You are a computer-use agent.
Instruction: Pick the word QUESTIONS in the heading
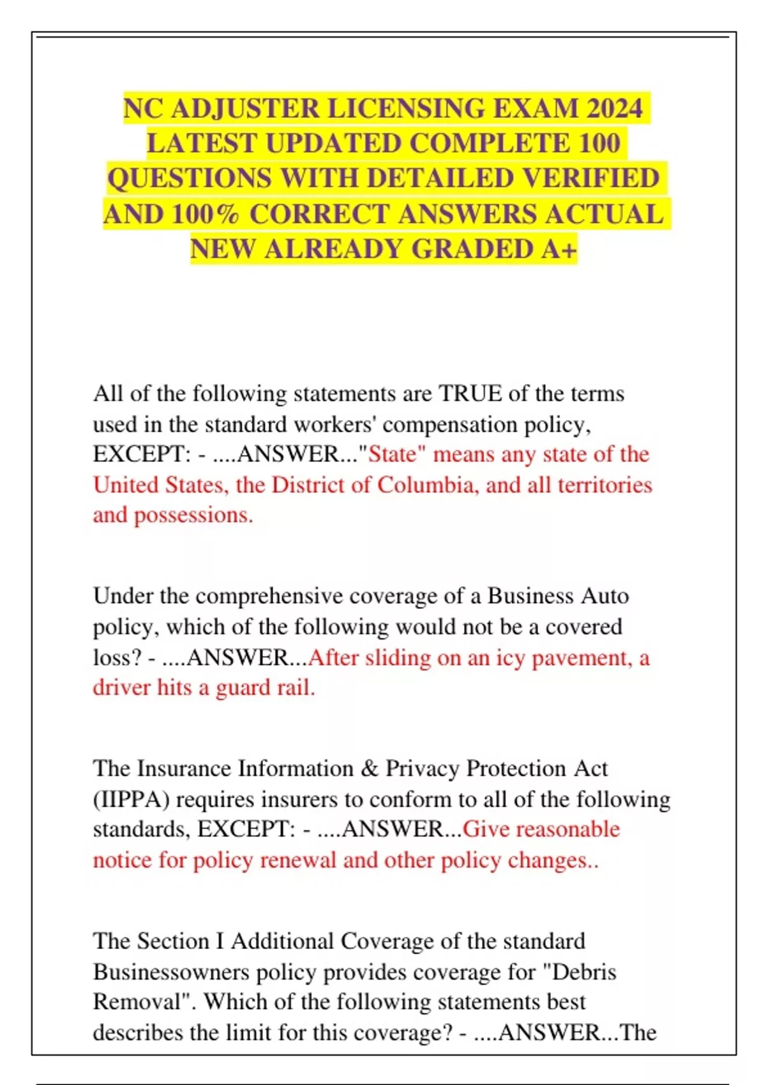coord(190,178)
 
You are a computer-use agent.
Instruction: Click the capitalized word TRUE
coord(471,393)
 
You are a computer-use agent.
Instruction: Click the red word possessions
coord(193,515)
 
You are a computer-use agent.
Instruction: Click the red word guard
coord(243,688)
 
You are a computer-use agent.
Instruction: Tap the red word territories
coord(605,485)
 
